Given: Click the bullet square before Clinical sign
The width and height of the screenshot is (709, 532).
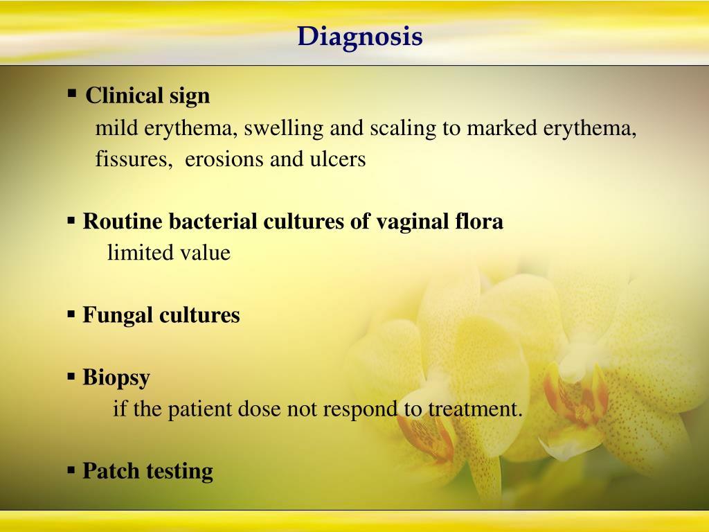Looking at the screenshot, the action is coord(72,94).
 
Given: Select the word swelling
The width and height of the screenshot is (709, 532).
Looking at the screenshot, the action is coord(283,129).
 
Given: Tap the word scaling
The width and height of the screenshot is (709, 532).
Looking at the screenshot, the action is coord(403,129).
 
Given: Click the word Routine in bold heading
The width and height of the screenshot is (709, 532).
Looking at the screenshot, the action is coord(123,221).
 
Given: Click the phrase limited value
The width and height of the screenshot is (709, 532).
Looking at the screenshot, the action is coord(169,252).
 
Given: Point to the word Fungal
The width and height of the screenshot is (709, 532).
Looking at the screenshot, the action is coord(117,316).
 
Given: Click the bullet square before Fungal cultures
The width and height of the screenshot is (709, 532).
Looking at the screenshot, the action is coord(71,314).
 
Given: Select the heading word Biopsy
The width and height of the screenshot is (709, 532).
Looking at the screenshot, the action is coord(116,378).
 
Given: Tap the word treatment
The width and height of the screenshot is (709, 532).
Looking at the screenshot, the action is coord(475,409).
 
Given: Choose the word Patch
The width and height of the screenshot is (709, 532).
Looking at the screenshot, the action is coord(111,471).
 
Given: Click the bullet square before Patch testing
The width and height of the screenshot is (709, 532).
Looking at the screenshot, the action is coord(71,470).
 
